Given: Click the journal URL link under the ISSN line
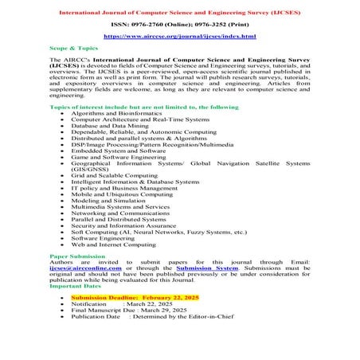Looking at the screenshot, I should tap(179, 37).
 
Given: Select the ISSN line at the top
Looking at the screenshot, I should tap(179, 23).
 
